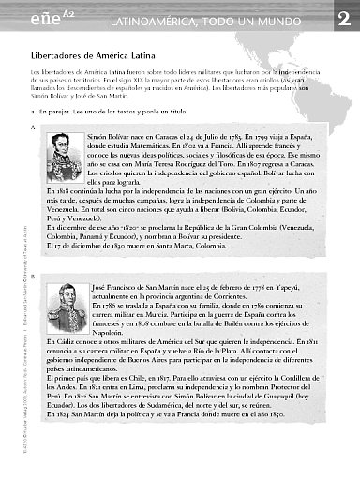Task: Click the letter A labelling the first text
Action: pos(33,127)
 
